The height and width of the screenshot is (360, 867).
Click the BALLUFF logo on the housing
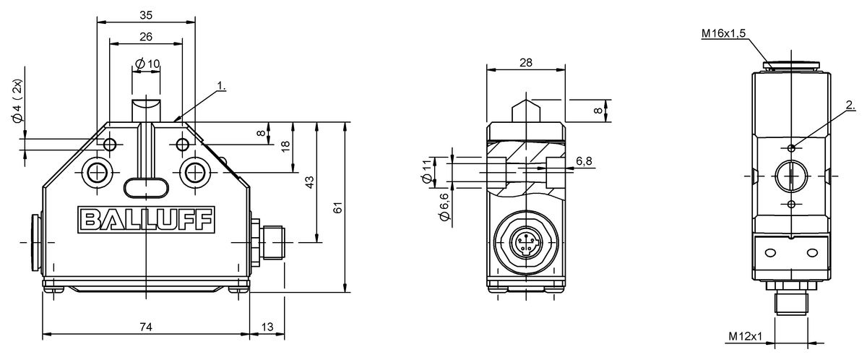[x=146, y=220]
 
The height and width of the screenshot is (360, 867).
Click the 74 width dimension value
[x=146, y=327]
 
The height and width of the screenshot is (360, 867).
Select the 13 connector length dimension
[x=267, y=327]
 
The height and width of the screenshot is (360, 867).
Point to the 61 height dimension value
[x=338, y=207]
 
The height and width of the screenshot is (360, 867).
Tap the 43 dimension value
[x=310, y=182]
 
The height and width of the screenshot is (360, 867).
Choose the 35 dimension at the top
[x=146, y=15]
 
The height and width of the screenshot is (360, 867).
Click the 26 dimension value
[x=146, y=37]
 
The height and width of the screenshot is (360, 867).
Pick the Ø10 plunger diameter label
[x=147, y=64]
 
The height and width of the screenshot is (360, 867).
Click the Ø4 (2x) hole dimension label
[x=18, y=101]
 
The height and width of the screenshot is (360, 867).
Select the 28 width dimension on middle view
[x=526, y=62]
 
